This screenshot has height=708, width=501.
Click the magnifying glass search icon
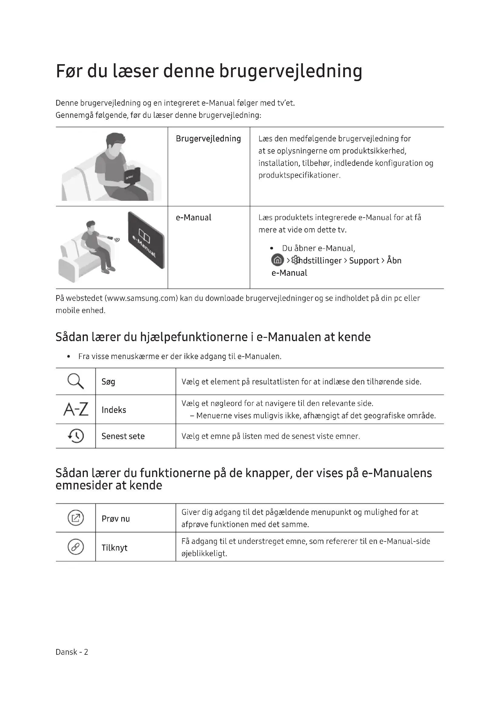[x=76, y=381]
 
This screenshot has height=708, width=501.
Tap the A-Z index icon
[x=76, y=409]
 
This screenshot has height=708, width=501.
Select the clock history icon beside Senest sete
[x=76, y=436]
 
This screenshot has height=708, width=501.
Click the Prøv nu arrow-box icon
[x=76, y=518]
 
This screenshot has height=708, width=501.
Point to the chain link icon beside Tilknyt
[x=76, y=547]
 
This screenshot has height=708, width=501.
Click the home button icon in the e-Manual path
[x=277, y=260]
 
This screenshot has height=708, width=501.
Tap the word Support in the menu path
[x=364, y=261]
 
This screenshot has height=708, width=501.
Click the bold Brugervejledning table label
[x=208, y=139]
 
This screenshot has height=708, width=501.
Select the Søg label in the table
[x=108, y=382]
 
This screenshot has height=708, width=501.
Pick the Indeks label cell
[x=114, y=410]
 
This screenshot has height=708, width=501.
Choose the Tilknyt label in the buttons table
[x=114, y=548]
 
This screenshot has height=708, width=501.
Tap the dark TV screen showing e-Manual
[x=147, y=240]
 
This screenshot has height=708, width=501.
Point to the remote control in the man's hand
[x=110, y=238]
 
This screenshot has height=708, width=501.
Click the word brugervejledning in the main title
[x=290, y=71]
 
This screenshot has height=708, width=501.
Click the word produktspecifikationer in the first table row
[x=299, y=176]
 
